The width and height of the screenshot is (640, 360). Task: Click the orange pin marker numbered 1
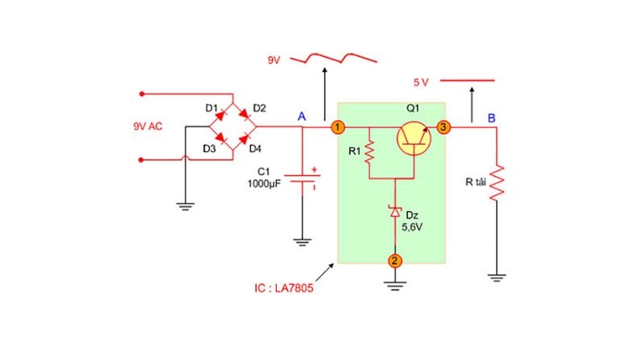[x=337, y=127]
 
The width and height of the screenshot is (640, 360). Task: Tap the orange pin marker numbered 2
[x=394, y=261]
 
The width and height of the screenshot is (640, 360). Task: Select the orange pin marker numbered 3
[x=443, y=127]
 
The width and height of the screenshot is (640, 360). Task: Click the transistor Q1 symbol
[x=414, y=138]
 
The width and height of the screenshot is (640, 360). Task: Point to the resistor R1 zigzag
[x=370, y=152]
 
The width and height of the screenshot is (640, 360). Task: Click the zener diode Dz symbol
[x=394, y=211]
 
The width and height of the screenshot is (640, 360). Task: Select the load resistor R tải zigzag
[x=497, y=183]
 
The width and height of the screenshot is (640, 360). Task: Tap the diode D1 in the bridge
[x=221, y=115]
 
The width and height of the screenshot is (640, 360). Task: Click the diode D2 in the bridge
[x=244, y=114]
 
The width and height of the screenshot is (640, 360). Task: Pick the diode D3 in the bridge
[x=221, y=138]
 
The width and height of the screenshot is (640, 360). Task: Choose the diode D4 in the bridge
[x=244, y=138]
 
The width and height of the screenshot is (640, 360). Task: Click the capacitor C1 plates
[x=302, y=178]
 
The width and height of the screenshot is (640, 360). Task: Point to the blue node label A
[x=302, y=116]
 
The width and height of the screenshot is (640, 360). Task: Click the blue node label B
[x=491, y=118]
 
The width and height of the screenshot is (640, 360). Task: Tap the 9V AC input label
[x=148, y=126]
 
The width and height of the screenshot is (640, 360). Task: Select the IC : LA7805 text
[x=284, y=288]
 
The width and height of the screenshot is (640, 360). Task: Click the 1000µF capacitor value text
[x=264, y=184]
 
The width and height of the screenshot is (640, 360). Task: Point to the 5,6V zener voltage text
[x=412, y=227]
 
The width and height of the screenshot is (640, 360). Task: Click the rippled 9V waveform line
[x=334, y=58]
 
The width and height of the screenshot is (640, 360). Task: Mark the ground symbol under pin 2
[x=394, y=286]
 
